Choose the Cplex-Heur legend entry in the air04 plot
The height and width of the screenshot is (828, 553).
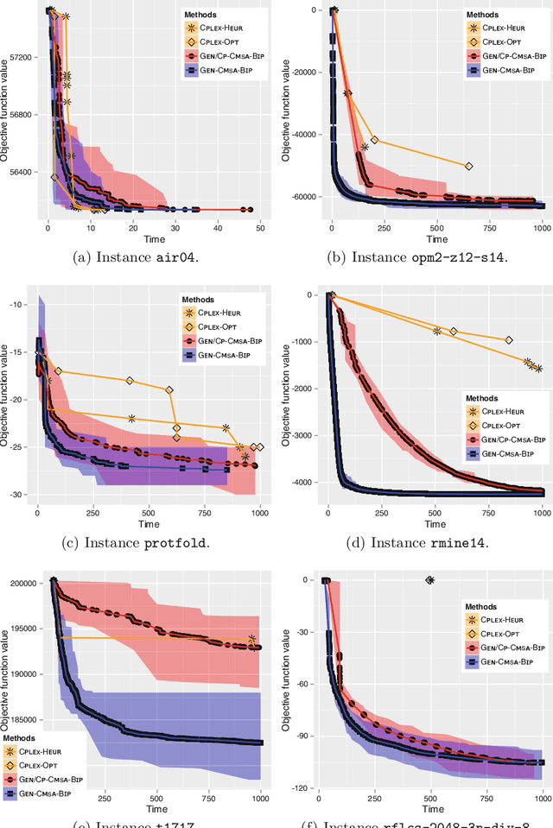(x=213, y=28)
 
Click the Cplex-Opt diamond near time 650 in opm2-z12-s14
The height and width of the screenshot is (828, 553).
(x=469, y=166)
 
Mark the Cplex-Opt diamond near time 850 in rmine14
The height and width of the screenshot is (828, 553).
(x=509, y=340)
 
